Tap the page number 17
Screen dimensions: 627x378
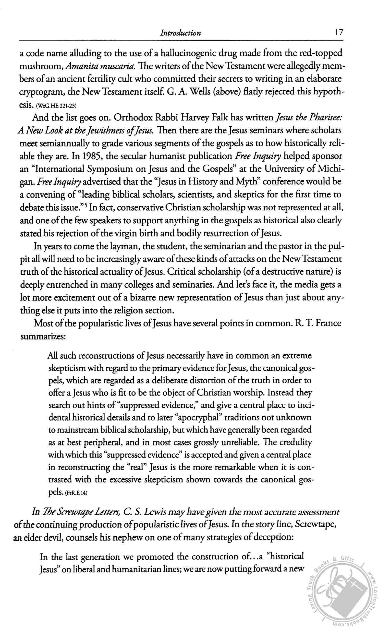(x=339, y=33)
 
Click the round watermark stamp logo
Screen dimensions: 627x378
(x=340, y=592)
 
